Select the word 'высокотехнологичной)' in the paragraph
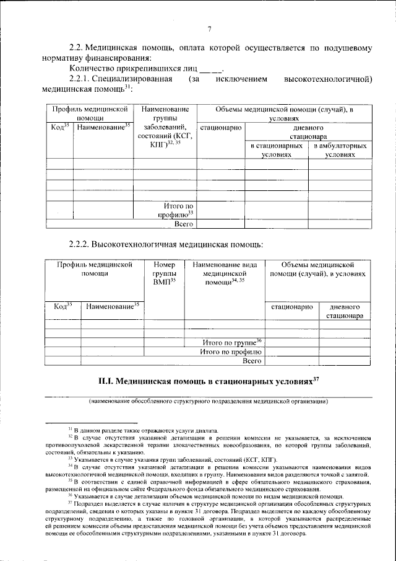point(327,79)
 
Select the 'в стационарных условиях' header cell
point(276,151)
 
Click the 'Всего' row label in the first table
point(184,224)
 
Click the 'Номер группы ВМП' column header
point(165,273)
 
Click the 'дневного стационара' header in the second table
point(345,311)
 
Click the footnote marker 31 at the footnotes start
point(71,429)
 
